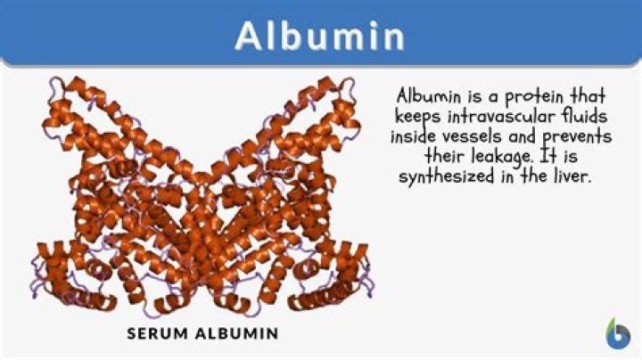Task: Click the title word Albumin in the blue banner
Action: coord(320,37)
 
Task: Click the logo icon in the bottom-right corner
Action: coord(616,333)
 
